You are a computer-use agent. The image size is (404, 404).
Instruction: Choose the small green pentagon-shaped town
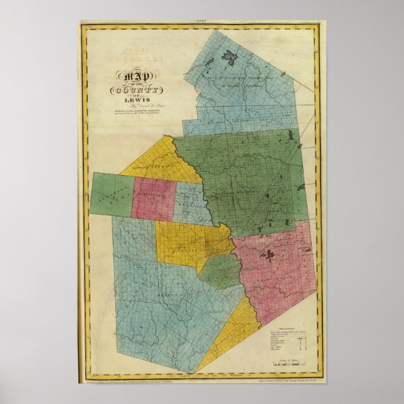click(220, 270)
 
